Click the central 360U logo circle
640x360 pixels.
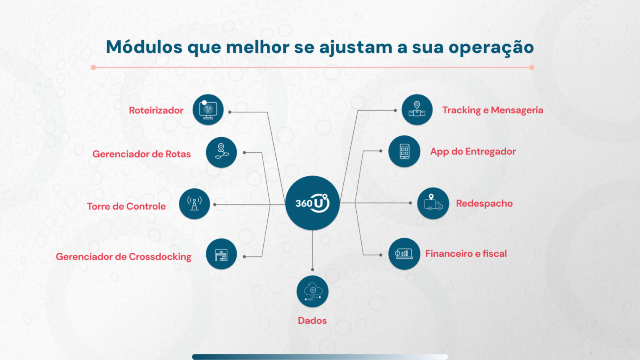[312, 203]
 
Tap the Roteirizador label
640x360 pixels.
[156, 110]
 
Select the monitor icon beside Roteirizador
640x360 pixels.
[208, 110]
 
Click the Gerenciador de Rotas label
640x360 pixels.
[141, 154]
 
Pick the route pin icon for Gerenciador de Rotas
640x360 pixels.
[221, 152]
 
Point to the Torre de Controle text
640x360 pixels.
[126, 206]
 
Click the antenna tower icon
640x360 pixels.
[194, 204]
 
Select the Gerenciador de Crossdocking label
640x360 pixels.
[123, 257]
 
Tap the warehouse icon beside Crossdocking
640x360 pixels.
[221, 254]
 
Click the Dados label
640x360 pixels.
[312, 320]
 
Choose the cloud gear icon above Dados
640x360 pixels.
[312, 291]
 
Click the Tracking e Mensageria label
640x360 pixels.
[492, 110]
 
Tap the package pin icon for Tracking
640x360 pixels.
[417, 110]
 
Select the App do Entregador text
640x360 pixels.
[473, 151]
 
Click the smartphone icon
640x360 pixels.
[404, 151]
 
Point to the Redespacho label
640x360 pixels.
[484, 203]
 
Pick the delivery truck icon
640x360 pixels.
[433, 203]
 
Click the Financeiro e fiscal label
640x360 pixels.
[466, 253]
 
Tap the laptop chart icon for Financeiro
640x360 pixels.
[404, 254]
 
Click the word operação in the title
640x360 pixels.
[491, 47]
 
